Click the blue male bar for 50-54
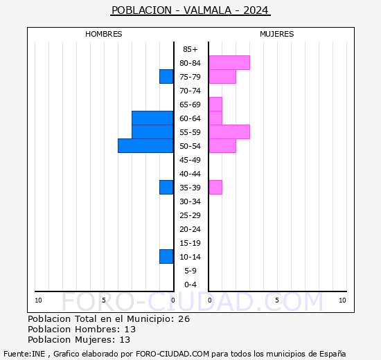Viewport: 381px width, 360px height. pyautogui.click(x=145, y=145)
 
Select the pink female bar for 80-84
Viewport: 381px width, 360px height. pyautogui.click(x=229, y=62)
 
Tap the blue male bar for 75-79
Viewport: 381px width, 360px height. pyautogui.click(x=166, y=76)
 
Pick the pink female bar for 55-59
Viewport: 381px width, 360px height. pyautogui.click(x=229, y=132)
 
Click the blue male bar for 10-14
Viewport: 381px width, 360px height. pyautogui.click(x=166, y=256)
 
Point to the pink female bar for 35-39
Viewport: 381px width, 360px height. pyautogui.click(x=215, y=187)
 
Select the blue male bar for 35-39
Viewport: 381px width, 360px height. pyautogui.click(x=166, y=187)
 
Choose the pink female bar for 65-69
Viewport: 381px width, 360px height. pyautogui.click(x=215, y=104)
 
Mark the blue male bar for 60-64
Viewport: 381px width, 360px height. pyautogui.click(x=152, y=118)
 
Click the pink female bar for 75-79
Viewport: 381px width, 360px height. pyautogui.click(x=222, y=76)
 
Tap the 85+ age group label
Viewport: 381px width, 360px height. pyautogui.click(x=190, y=49)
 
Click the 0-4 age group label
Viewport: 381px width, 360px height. pyautogui.click(x=190, y=285)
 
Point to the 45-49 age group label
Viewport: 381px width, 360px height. pyautogui.click(x=190, y=160)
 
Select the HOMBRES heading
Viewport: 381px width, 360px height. pyautogui.click(x=104, y=34)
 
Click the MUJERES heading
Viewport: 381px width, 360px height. pyautogui.click(x=277, y=34)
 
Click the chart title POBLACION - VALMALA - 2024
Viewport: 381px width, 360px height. pyautogui.click(x=190, y=10)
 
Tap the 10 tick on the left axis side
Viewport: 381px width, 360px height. pyautogui.click(x=38, y=300)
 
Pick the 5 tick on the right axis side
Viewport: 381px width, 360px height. pyautogui.click(x=276, y=300)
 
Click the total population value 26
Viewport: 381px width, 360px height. pyautogui.click(x=183, y=319)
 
